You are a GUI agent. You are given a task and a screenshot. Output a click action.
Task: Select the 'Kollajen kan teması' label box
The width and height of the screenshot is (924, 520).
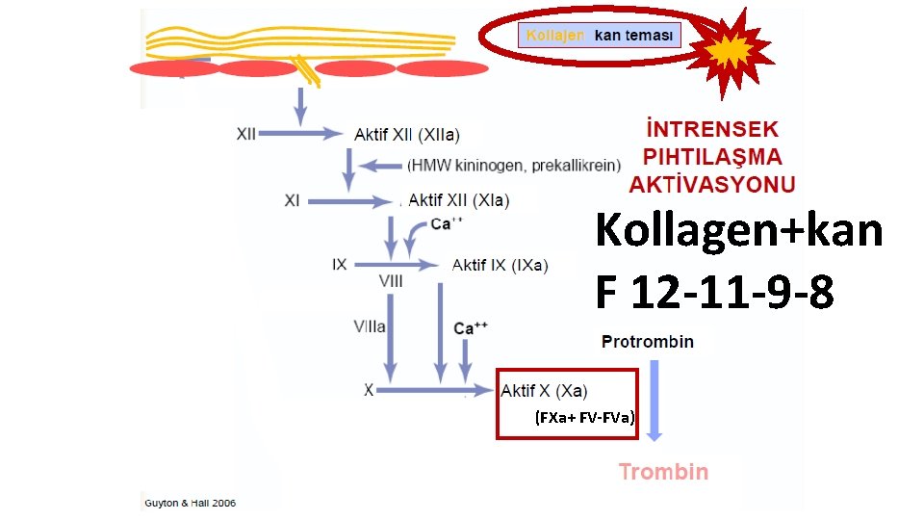point(601,37)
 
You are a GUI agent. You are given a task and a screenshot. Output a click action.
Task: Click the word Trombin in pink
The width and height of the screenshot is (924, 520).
point(663,472)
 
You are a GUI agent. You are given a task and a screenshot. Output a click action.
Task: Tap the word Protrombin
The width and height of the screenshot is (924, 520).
point(648,342)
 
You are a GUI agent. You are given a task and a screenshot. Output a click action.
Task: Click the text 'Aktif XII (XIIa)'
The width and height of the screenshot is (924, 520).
point(406,134)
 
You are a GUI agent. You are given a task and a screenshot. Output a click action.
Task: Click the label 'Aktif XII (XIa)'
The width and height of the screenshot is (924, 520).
point(458,200)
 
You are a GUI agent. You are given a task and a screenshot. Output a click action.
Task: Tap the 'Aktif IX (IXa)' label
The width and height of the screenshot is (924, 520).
point(500,265)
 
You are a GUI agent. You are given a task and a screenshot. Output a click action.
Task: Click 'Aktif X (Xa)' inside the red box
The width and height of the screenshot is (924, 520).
point(544,390)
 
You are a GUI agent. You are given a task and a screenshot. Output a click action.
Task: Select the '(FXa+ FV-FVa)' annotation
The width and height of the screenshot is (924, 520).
point(585,418)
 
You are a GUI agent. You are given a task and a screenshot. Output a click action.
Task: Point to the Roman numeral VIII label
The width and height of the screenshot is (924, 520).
point(391,281)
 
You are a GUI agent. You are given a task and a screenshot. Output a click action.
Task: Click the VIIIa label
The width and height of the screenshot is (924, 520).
point(370,326)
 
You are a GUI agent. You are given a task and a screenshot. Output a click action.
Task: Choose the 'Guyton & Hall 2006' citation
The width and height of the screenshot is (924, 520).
point(190,503)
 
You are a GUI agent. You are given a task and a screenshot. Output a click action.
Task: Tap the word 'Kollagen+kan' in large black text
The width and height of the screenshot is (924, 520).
point(738,231)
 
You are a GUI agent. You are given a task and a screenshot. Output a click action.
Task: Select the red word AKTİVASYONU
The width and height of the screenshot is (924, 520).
point(713,183)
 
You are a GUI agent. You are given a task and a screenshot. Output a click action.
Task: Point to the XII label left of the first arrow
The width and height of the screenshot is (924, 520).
point(246,134)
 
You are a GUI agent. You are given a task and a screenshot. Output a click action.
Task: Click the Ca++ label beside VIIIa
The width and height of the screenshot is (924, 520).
point(471,328)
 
